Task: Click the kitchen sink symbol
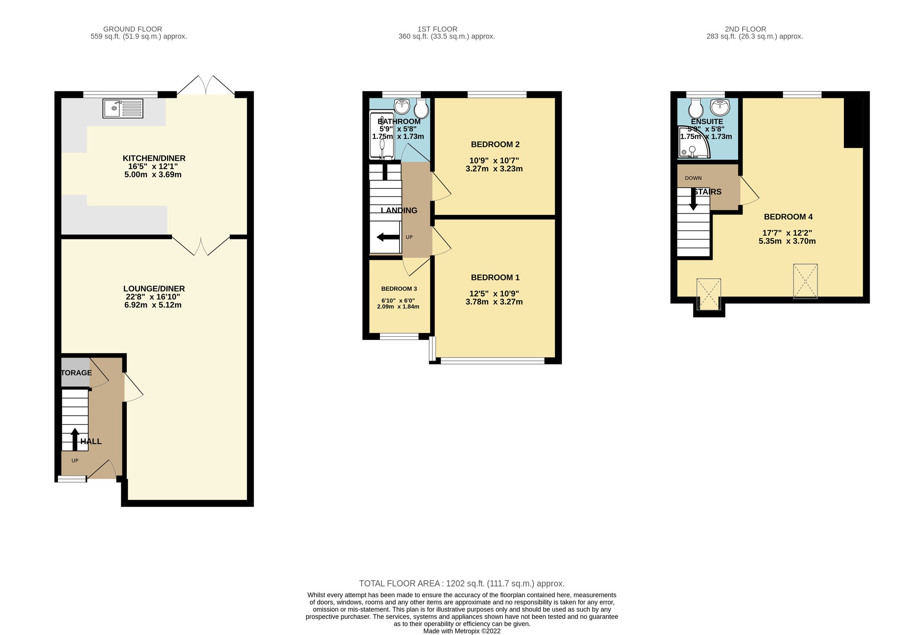pyautogui.click(x=122, y=109)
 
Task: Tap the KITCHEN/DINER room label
pyautogui.click(x=154, y=158)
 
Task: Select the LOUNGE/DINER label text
pyautogui.click(x=154, y=289)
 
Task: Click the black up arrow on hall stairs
pyautogui.click(x=74, y=439)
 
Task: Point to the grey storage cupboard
pyautogui.click(x=75, y=372)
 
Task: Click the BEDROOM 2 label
pyautogui.click(x=495, y=144)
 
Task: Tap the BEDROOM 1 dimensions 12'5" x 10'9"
pyautogui.click(x=494, y=294)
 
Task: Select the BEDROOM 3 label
pyautogui.click(x=399, y=289)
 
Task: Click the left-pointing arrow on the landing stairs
pyautogui.click(x=387, y=238)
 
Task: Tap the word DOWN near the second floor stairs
pyautogui.click(x=693, y=178)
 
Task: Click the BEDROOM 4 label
pyautogui.click(x=788, y=217)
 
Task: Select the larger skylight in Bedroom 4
pyautogui.click(x=805, y=281)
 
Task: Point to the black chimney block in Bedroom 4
pyautogui.click(x=853, y=122)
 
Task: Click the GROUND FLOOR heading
pyautogui.click(x=132, y=29)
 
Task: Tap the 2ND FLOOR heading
pyautogui.click(x=745, y=29)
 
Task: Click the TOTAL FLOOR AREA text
pyautogui.click(x=461, y=584)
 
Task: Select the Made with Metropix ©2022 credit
pyautogui.click(x=461, y=631)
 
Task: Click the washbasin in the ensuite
pyautogui.click(x=721, y=107)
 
